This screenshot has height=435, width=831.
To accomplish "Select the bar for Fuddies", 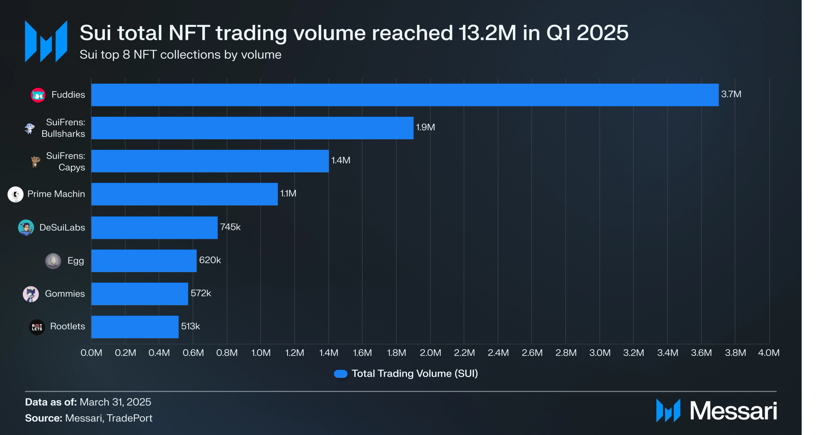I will pyautogui.click(x=405, y=95).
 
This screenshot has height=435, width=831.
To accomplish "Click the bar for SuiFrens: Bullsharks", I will pyautogui.click(x=252, y=128).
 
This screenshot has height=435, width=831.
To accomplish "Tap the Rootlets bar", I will pyautogui.click(x=135, y=327).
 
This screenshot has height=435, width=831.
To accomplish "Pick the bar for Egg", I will pyautogui.click(x=144, y=261).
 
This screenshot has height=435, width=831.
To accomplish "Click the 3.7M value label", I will pyautogui.click(x=731, y=94).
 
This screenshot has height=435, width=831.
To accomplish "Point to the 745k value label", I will pyautogui.click(x=230, y=227).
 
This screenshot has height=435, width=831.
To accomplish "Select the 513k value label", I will pyautogui.click(x=190, y=326).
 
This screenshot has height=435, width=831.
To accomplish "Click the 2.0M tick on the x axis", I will pyautogui.click(x=430, y=353).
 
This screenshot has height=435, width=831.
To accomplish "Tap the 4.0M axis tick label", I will pyautogui.click(x=769, y=353).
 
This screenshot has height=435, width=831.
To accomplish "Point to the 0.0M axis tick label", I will pyautogui.click(x=91, y=353).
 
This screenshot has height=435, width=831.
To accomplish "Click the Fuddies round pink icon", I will pyautogui.click(x=38, y=95).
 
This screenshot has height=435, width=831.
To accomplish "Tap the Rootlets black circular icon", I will pyautogui.click(x=37, y=327).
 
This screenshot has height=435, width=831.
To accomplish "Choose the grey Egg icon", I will pyautogui.click(x=53, y=261).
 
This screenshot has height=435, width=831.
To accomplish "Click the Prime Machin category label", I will pyautogui.click(x=56, y=194).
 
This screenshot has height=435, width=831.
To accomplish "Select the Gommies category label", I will pyautogui.click(x=65, y=294).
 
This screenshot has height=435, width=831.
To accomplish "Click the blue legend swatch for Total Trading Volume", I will pyautogui.click(x=341, y=374).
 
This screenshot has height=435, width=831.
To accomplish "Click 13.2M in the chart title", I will pyautogui.click(x=487, y=33).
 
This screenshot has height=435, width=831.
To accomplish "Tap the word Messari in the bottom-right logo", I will pyautogui.click(x=733, y=411).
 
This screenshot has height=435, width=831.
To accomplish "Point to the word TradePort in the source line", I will pyautogui.click(x=130, y=418).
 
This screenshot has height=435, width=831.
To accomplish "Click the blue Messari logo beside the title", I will pyautogui.click(x=46, y=42).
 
